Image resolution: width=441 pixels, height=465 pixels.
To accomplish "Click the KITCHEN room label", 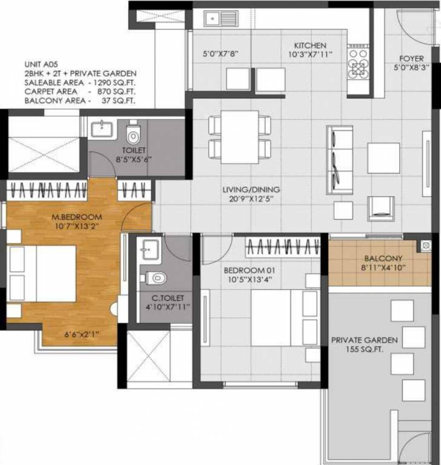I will (x=310, y=45).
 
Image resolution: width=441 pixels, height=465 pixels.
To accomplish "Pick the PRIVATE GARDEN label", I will (x=364, y=340).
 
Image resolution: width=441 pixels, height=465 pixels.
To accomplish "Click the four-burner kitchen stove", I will (x=357, y=64).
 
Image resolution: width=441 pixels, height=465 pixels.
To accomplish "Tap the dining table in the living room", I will (x=240, y=137).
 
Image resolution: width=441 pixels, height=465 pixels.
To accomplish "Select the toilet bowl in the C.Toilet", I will (x=155, y=278).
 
